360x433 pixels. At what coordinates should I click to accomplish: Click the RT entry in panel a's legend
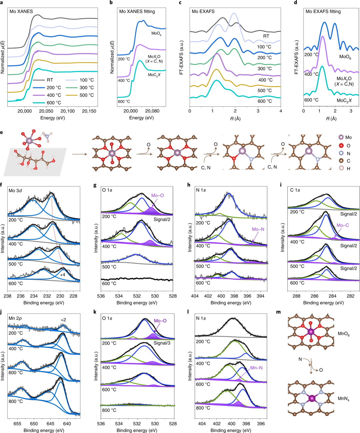(x=50, y=80)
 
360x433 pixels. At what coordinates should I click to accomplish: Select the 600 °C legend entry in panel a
(x=54, y=103)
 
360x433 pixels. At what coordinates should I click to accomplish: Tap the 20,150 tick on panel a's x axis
(x=89, y=111)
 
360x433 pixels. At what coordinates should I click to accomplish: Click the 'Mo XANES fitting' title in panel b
(x=137, y=11)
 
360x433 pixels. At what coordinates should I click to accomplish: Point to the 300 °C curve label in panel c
(x=265, y=69)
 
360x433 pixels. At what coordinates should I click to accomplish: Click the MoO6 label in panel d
(x=345, y=57)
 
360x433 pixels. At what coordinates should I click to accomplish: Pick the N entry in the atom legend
(x=348, y=153)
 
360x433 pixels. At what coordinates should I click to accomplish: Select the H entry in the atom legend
(x=348, y=168)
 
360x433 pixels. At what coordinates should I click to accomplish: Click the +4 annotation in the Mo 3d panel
(x=62, y=275)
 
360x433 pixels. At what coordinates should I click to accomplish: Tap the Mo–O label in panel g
(x=157, y=195)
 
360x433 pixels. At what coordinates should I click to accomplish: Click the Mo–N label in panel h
(x=258, y=229)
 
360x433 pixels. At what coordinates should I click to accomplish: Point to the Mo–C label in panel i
(x=343, y=225)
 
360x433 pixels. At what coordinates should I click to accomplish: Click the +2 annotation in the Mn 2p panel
(x=63, y=320)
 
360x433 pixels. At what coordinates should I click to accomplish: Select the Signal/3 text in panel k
(x=162, y=343)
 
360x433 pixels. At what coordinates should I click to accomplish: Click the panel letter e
(x=2, y=132)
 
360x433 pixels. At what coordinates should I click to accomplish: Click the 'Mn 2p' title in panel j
(x=15, y=318)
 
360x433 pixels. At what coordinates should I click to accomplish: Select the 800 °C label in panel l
(x=203, y=408)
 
